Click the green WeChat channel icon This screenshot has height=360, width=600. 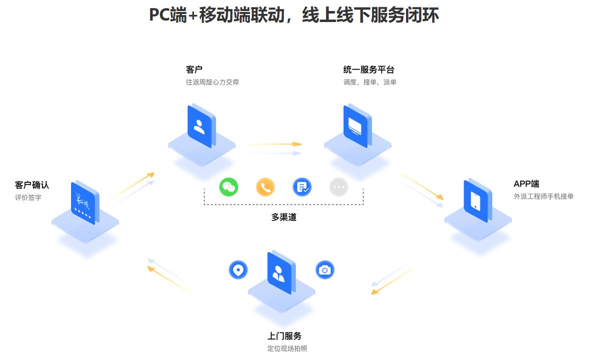coord(228,187)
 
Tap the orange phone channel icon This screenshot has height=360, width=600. coord(265,187)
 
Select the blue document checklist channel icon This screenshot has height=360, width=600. coord(302,187)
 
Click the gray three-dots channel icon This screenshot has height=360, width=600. coord(339,187)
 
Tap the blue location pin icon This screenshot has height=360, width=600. coord(238,270)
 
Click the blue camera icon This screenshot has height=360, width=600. coord(325,270)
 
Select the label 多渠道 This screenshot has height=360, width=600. coord(283,217)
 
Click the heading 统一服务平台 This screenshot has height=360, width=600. coord(368,69)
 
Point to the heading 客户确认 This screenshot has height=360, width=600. coord(32,185)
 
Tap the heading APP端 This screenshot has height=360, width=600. coord(526,184)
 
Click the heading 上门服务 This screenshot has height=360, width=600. coord(284,336)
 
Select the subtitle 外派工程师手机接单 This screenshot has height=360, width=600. coord(543,196)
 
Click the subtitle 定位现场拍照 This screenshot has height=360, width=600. coord(287,348)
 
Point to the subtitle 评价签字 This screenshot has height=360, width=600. coord(28,197)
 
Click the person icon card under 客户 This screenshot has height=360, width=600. coord(199,126)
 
